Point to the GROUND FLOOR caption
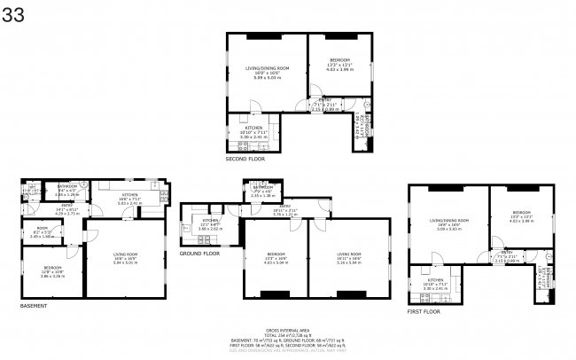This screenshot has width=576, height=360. click(200, 253)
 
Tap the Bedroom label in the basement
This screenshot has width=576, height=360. click(53, 267)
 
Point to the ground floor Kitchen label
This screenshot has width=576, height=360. click(210, 220)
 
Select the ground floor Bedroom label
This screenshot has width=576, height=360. click(276, 254)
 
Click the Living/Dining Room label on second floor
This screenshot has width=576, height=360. click(267, 68)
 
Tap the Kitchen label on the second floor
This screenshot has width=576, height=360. click(254, 128)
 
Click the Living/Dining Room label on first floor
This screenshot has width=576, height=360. click(448, 219)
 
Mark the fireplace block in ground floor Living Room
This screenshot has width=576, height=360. click(349, 293)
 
